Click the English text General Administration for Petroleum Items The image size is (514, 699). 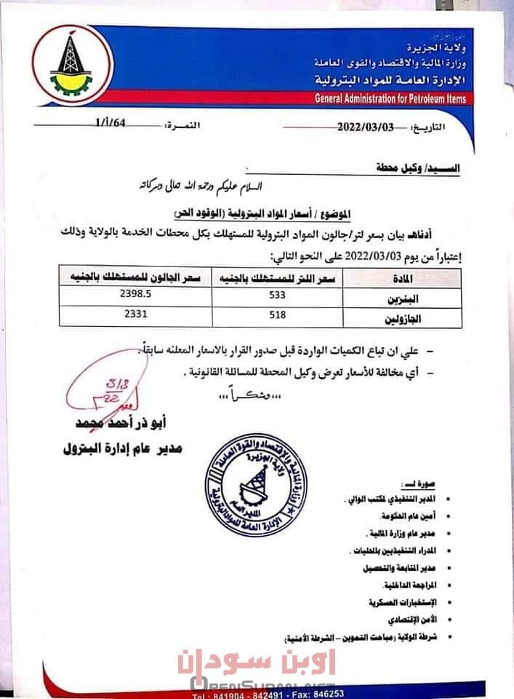391,99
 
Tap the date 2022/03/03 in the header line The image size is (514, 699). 365,126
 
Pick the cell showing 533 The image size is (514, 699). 277,296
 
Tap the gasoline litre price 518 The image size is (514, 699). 277,315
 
